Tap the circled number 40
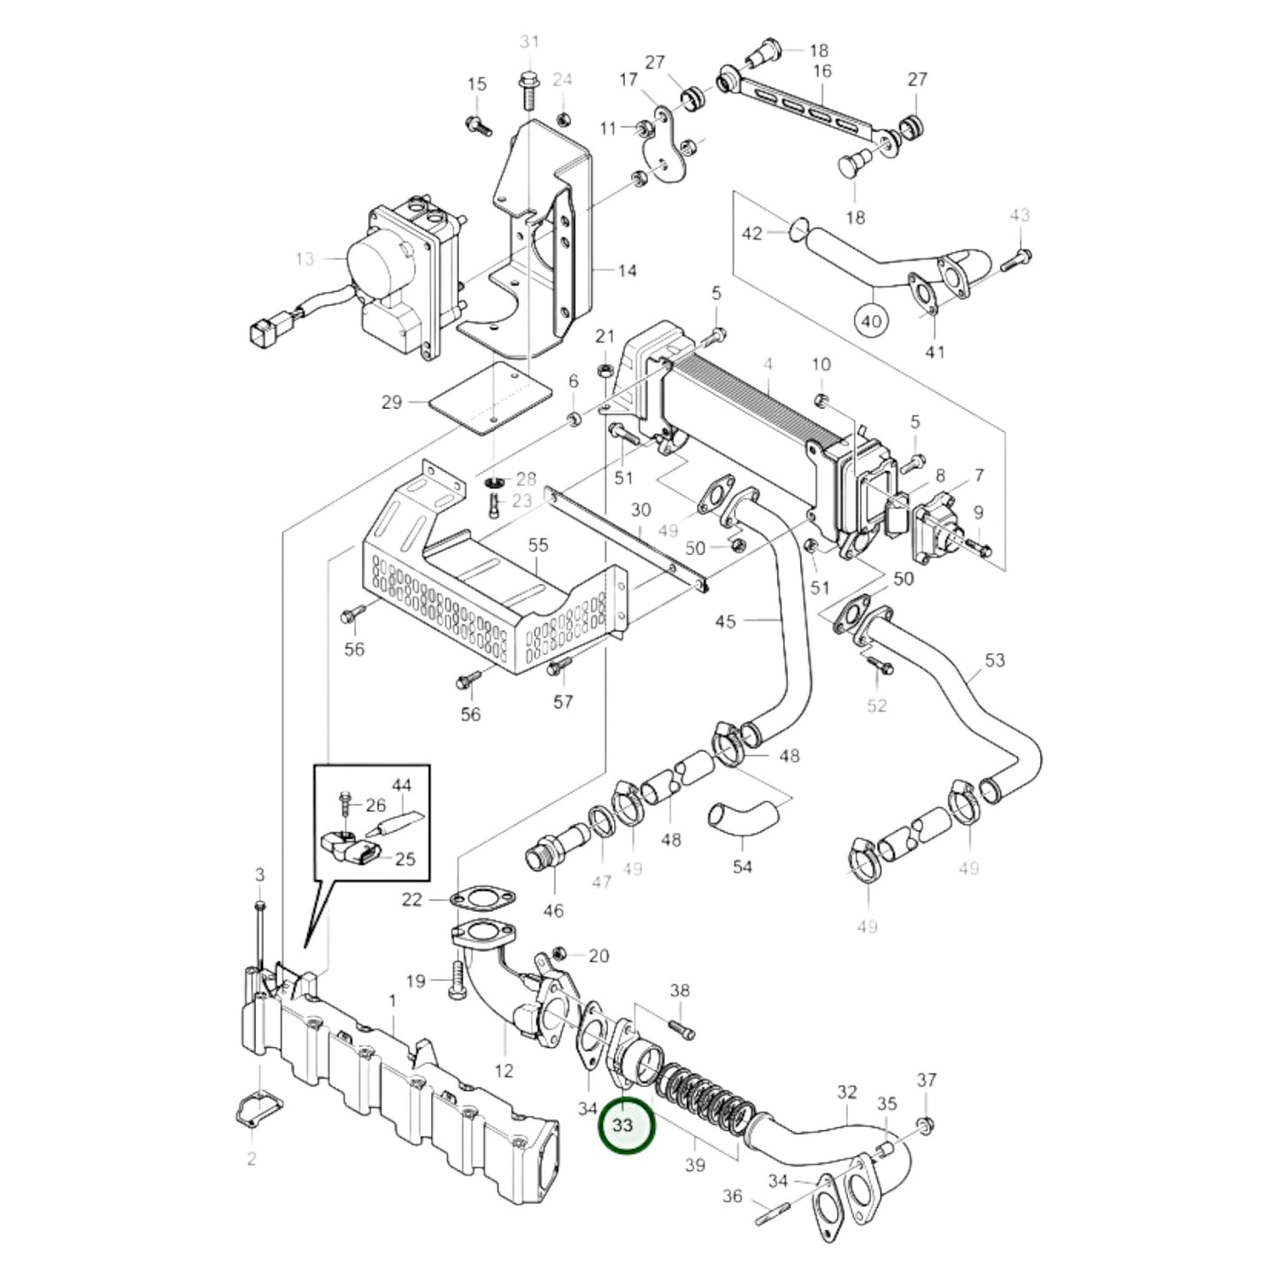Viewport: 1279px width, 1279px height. (x=872, y=320)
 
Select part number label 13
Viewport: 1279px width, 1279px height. (x=304, y=258)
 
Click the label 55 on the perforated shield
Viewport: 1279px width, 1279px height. (x=538, y=545)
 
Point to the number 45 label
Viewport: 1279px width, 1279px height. (x=725, y=621)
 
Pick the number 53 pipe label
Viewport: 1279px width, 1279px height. (x=995, y=660)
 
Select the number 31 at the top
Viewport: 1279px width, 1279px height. (x=528, y=42)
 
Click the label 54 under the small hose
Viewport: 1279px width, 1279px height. (x=742, y=867)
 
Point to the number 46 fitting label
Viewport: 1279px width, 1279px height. (x=554, y=911)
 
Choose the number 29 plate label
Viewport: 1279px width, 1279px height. (x=392, y=403)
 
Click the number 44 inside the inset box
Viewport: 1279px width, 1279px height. (x=402, y=785)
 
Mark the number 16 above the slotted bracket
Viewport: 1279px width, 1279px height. (x=821, y=71)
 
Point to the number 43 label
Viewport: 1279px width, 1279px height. (x=1020, y=215)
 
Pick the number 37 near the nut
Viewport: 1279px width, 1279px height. (x=926, y=1080)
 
